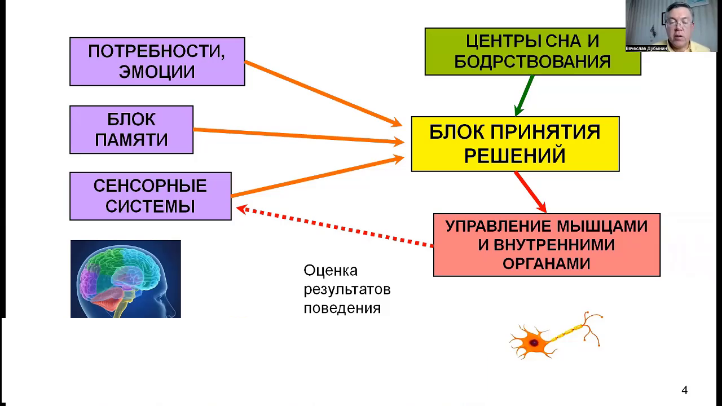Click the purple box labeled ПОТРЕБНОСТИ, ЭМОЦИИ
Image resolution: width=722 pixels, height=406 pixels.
click(x=157, y=61)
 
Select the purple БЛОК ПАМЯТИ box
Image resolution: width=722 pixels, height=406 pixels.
click(x=131, y=129)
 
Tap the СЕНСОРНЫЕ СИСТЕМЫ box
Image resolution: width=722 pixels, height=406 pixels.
click(x=150, y=196)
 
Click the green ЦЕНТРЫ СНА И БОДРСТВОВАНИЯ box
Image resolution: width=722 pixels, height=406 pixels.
click(x=532, y=51)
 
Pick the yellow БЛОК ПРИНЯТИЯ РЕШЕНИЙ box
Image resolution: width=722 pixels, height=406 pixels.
click(x=515, y=144)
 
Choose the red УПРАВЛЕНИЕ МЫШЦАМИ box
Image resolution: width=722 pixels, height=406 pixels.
click(x=546, y=245)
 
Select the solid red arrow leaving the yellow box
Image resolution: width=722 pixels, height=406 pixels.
click(x=530, y=192)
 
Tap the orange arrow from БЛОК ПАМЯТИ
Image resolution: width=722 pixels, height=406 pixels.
click(x=299, y=136)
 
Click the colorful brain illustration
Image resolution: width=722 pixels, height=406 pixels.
click(x=125, y=279)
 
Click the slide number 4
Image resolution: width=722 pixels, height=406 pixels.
click(x=685, y=390)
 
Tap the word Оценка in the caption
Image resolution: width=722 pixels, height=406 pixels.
click(x=331, y=271)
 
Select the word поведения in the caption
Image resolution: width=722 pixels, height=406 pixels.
click(x=342, y=308)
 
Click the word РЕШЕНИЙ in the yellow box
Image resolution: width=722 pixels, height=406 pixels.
click(x=514, y=156)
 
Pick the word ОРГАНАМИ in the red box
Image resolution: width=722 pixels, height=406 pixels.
click(x=546, y=263)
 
